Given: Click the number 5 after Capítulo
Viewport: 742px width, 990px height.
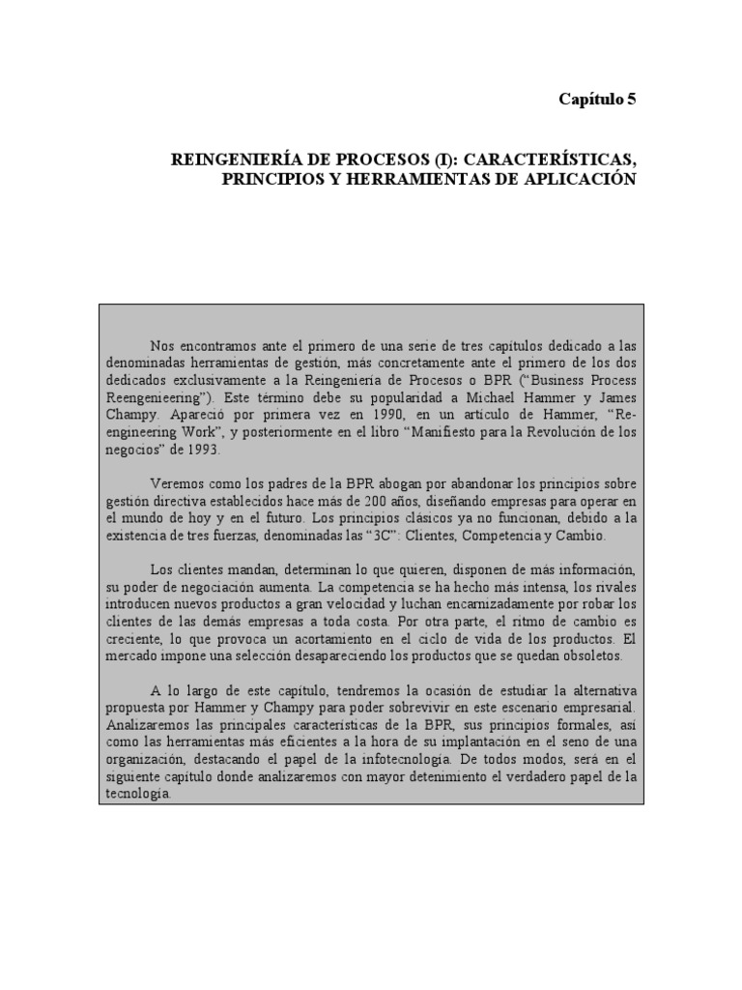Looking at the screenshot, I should tap(631, 99).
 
